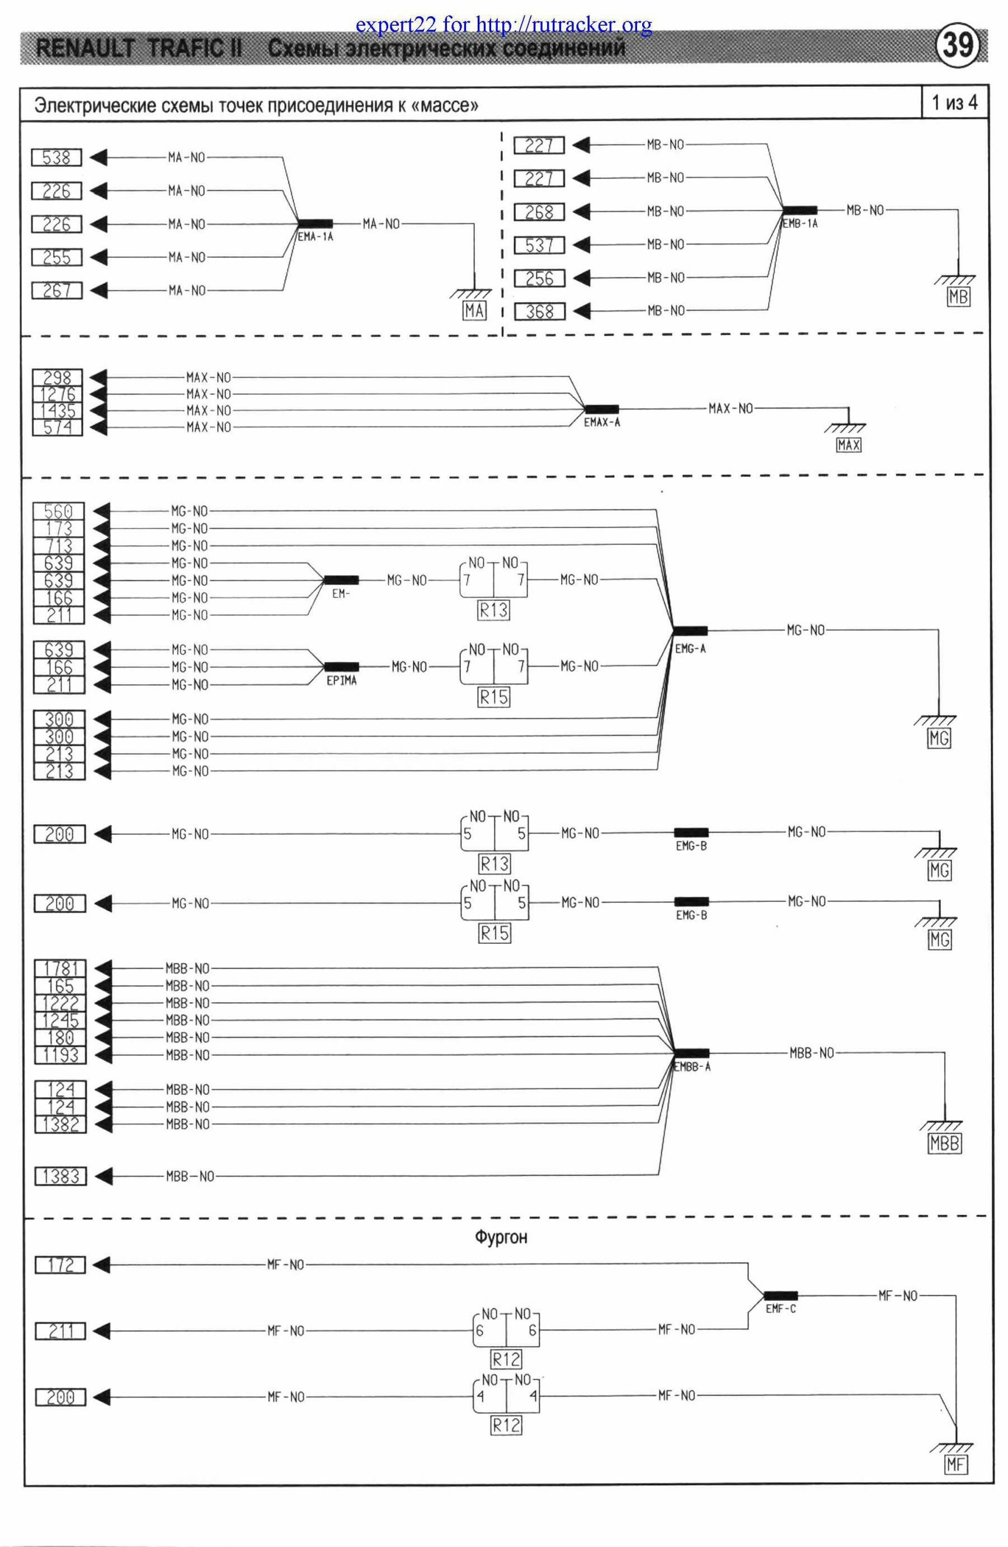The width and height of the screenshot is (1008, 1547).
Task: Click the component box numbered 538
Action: point(57,157)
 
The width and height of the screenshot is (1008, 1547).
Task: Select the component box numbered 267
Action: point(57,290)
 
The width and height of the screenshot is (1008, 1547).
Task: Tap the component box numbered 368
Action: point(539,311)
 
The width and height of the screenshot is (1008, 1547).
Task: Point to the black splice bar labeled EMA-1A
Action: point(315,224)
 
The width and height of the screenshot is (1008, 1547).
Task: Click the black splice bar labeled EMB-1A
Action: point(799,210)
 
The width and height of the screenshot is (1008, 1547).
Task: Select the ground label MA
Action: point(474,311)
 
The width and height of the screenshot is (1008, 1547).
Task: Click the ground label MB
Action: point(959,297)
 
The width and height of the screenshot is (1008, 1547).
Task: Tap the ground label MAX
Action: point(848,445)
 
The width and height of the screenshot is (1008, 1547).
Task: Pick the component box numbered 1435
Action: point(58,411)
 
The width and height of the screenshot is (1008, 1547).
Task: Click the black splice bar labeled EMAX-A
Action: point(601,410)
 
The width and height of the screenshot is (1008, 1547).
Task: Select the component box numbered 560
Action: point(59,511)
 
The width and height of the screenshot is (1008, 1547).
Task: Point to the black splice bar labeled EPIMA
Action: point(341,666)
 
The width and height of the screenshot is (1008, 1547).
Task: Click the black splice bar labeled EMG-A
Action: point(690,630)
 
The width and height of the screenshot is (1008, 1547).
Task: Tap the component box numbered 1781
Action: point(60,968)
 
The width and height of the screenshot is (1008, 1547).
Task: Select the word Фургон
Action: point(501,1237)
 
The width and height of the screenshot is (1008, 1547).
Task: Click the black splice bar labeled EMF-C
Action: point(780,1295)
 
